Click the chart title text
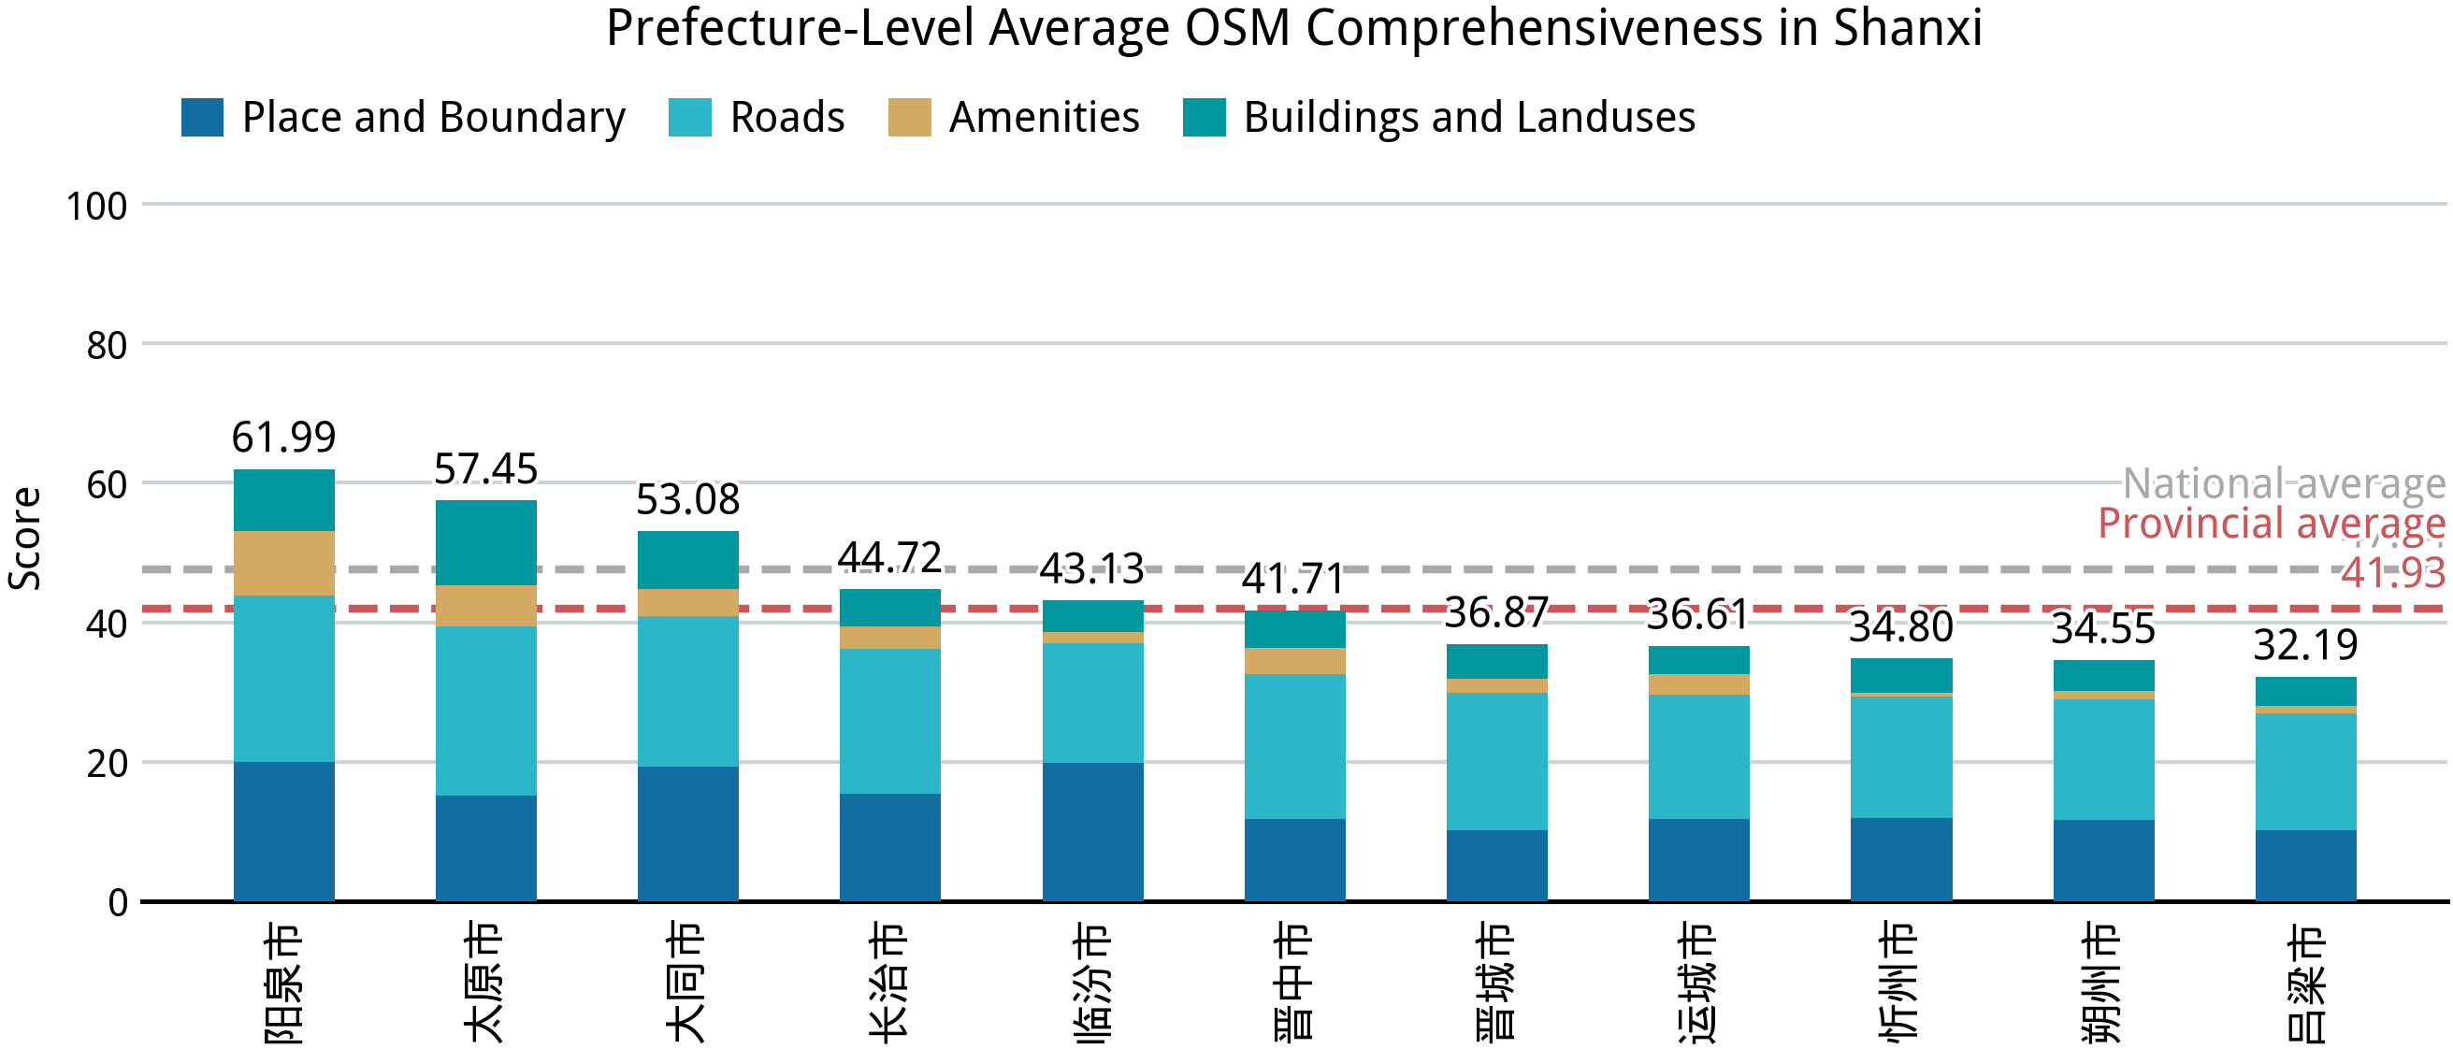click(1294, 29)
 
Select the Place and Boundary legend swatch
click(202, 117)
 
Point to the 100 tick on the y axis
click(96, 207)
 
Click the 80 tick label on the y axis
click(107, 346)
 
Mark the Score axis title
click(25, 539)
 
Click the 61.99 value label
click(283, 438)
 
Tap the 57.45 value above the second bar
click(485, 469)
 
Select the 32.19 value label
click(2305, 645)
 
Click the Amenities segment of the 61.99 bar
click(283, 564)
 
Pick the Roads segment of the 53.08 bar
click(687, 691)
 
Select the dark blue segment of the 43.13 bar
click(1092, 831)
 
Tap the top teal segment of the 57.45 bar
click(485, 542)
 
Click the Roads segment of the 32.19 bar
click(2305, 771)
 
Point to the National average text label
click(2284, 483)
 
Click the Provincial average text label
click(2272, 524)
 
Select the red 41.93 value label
click(2392, 573)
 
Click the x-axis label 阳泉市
click(283, 983)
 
